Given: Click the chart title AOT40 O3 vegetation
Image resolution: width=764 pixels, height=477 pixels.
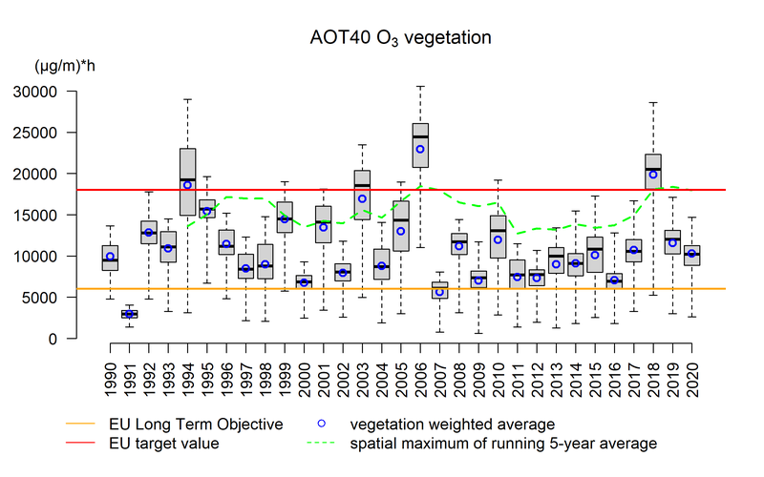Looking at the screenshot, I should point(400,39).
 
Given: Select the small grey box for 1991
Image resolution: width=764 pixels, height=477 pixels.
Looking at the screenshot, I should point(129,314).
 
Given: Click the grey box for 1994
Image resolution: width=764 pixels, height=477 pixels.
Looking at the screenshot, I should point(187,181).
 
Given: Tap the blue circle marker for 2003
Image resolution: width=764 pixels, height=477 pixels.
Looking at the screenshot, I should point(362,199).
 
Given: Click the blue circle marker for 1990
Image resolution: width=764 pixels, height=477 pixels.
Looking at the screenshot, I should point(110,256).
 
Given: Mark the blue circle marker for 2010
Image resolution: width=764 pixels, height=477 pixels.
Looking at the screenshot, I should point(497,239).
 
